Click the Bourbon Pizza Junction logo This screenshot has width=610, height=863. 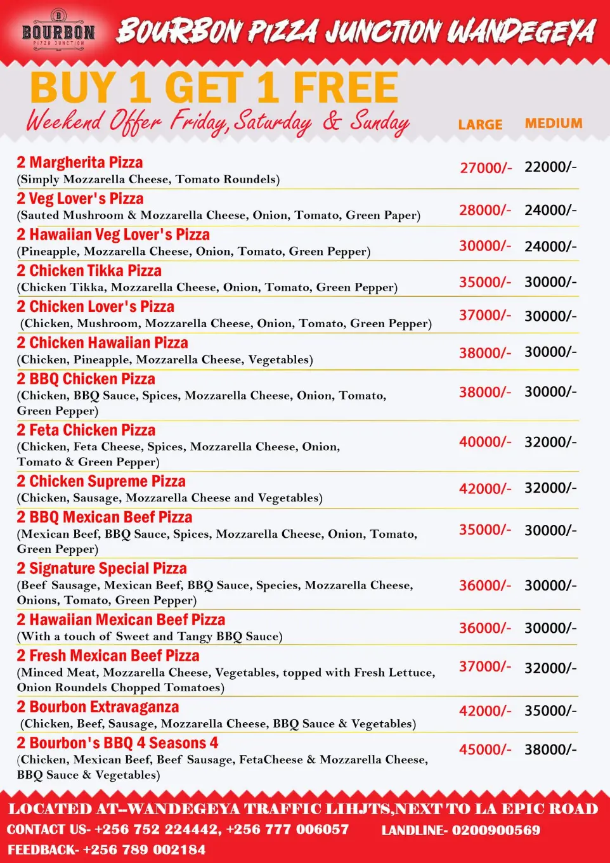(58, 29)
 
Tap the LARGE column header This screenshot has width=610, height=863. (480, 125)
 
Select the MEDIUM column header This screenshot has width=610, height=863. (554, 124)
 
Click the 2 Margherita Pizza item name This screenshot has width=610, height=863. (80, 163)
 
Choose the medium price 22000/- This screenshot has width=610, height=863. (550, 167)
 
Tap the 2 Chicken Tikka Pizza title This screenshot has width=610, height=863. (89, 271)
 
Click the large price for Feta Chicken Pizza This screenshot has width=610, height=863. (485, 441)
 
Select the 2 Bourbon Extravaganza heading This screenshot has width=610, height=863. (98, 707)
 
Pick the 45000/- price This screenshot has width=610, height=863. (485, 749)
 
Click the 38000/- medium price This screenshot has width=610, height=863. (550, 749)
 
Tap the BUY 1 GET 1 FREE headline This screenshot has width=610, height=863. (214, 88)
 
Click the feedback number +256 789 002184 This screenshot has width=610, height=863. (144, 850)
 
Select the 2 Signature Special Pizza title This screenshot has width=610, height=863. (102, 569)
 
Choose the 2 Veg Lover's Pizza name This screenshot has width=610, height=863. (81, 199)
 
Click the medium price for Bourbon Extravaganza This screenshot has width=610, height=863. (550, 711)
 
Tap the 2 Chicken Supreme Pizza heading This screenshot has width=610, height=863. (101, 481)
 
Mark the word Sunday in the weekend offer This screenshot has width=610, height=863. (379, 122)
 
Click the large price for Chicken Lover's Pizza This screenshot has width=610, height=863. (485, 315)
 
